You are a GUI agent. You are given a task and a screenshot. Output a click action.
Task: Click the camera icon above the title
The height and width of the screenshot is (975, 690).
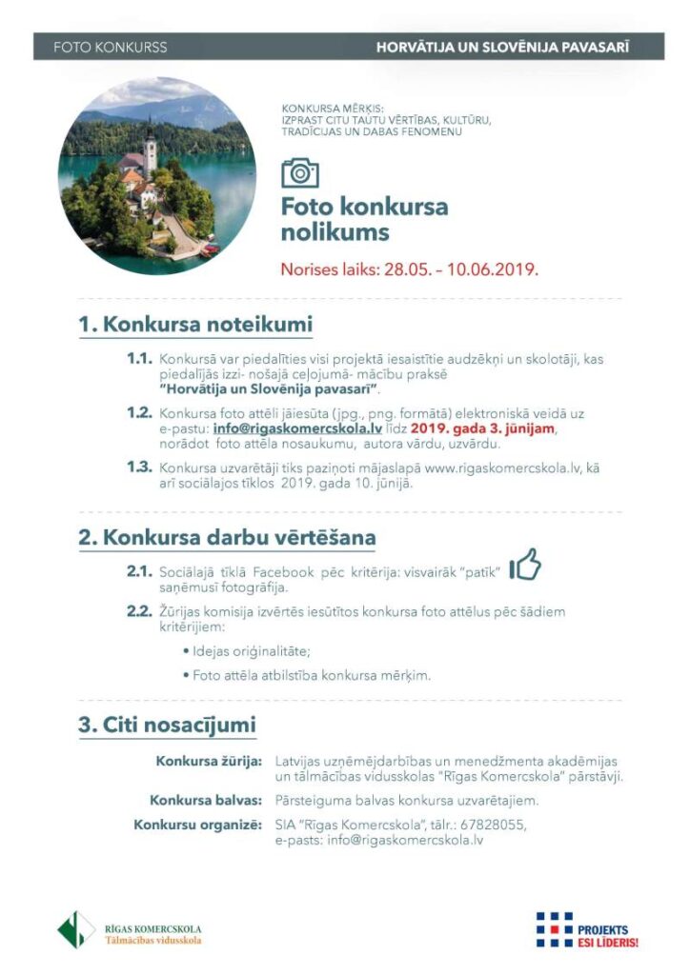pos(300,173)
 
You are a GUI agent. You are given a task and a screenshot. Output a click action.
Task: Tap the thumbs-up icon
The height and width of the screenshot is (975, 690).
pos(525,567)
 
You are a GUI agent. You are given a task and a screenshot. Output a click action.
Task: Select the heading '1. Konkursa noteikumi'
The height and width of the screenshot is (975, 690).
pos(195,325)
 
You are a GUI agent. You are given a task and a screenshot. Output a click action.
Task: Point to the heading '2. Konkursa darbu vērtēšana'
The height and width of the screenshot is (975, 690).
pos(227,537)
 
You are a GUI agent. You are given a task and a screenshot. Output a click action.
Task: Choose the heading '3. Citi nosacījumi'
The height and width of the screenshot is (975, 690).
pos(167,725)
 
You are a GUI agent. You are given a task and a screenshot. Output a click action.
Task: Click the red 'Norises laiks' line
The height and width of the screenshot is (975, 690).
pos(410,269)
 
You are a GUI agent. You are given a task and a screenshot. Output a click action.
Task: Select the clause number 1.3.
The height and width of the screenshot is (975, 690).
pos(139,467)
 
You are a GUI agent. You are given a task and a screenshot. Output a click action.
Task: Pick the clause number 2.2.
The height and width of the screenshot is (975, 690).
pos(139,610)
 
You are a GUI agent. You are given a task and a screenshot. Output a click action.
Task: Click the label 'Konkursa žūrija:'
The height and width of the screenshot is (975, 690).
pos(209,762)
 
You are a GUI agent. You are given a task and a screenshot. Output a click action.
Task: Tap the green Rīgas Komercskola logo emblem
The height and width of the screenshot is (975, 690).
pos(76,928)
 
